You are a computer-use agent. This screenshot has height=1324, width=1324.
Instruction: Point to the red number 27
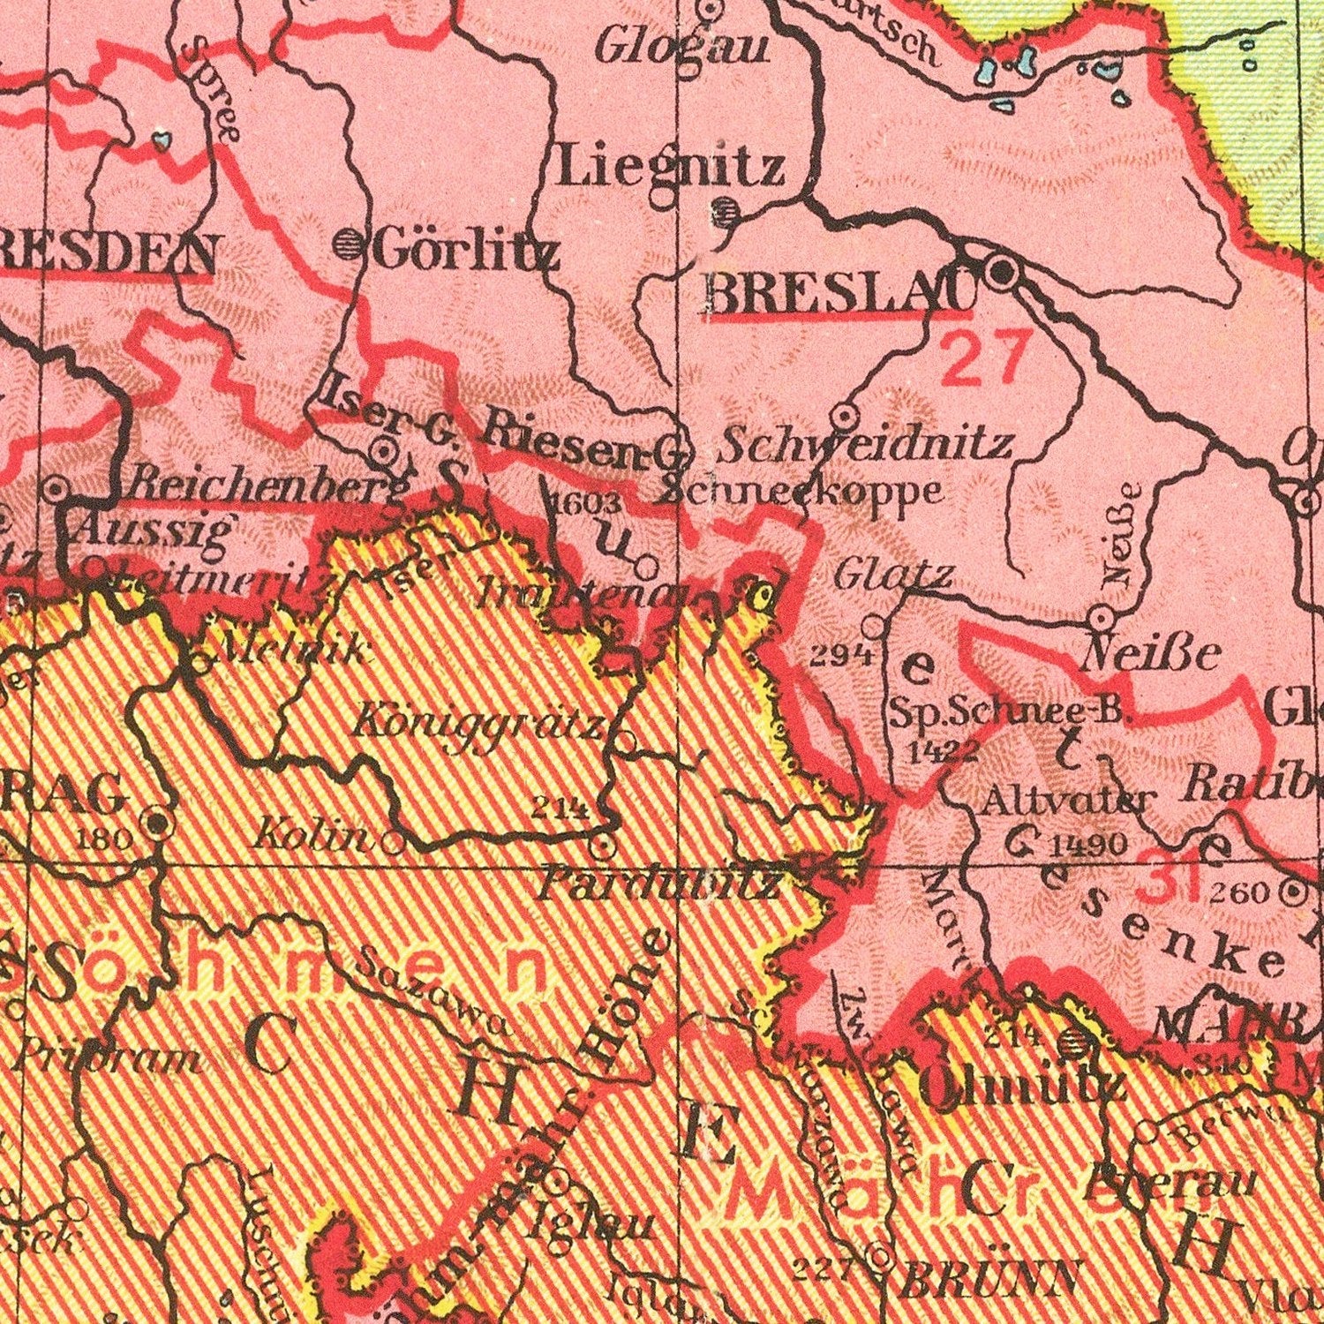coord(984,357)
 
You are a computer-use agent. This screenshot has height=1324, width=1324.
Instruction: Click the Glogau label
coord(681,48)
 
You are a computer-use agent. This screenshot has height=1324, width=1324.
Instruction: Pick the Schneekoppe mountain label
coord(799,491)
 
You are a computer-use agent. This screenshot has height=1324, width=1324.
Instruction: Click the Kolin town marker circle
coord(393,843)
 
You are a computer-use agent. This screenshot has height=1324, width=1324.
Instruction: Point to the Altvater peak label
coord(1066,801)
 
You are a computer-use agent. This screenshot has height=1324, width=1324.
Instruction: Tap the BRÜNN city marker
coord(879,1257)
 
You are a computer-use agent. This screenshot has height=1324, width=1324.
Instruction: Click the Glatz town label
coord(892,576)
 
